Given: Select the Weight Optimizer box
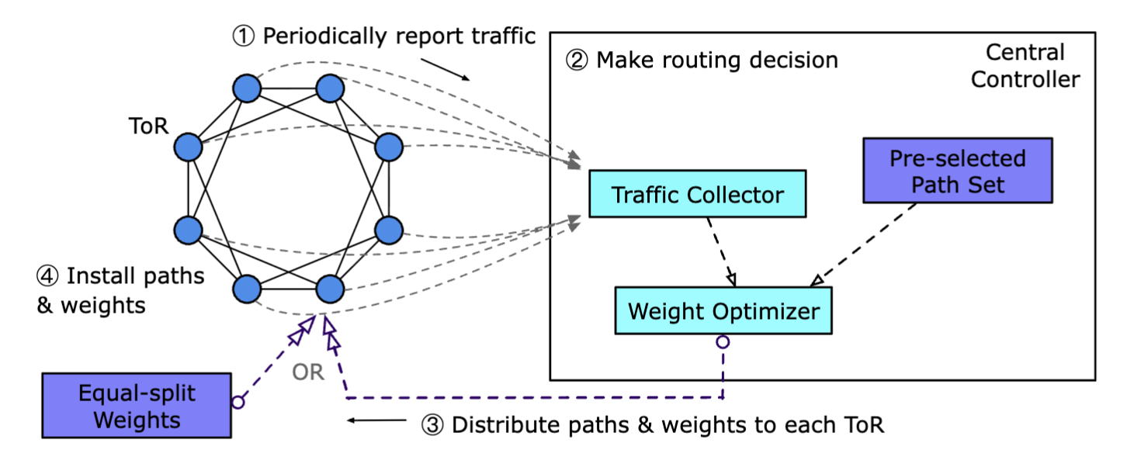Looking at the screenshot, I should pyautogui.click(x=723, y=311).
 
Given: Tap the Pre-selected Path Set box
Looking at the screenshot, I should pyautogui.click(x=957, y=171).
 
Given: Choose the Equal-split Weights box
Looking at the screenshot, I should pyautogui.click(x=137, y=406).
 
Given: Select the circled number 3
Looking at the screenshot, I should pyautogui.click(x=432, y=424).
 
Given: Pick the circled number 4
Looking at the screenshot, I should pyautogui.click(x=48, y=276).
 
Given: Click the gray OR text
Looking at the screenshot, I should pyautogui.click(x=307, y=372).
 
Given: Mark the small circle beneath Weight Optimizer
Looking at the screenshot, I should pyautogui.click(x=723, y=341).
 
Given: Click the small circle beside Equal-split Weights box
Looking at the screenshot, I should pyautogui.click(x=238, y=402).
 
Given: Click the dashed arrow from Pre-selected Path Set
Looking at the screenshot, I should pyautogui.click(x=866, y=243).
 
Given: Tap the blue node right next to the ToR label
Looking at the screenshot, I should pyautogui.click(x=188, y=147).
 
